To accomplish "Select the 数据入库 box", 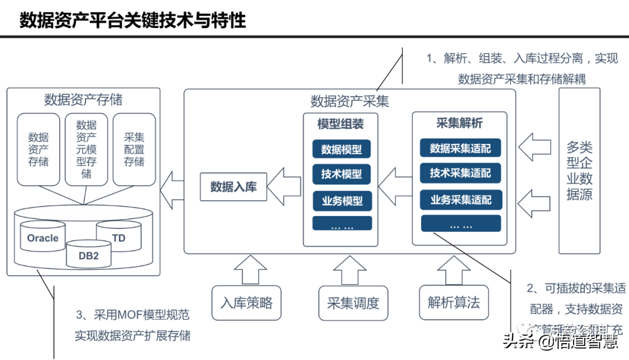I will click(x=233, y=187).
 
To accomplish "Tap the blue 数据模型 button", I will click(x=342, y=149).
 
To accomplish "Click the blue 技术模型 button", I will click(x=342, y=174).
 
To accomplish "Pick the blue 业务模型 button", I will click(x=342, y=200).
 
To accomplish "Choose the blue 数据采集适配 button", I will click(x=461, y=148).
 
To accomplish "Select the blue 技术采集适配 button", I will click(x=461, y=173).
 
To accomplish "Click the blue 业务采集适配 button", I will click(x=461, y=199).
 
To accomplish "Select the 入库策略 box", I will click(x=246, y=303).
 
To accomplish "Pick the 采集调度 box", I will click(x=353, y=303).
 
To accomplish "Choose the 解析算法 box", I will click(x=454, y=303).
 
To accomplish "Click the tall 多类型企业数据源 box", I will click(x=579, y=171).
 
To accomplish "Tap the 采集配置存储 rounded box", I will click(x=134, y=150).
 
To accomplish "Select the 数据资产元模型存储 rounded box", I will click(x=86, y=150).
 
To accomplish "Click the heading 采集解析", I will click(x=460, y=123).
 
